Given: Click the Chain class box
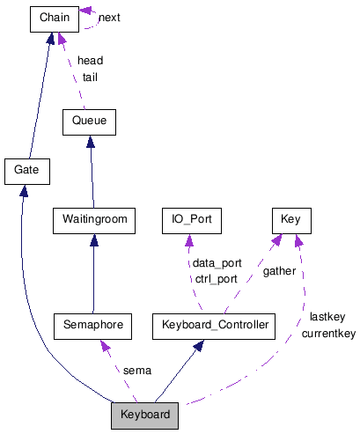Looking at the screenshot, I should [x=55, y=17].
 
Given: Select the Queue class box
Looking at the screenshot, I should [x=89, y=121].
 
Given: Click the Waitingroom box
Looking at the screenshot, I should [x=92, y=218].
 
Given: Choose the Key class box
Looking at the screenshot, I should [x=290, y=218].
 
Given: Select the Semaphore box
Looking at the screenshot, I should [x=92, y=325].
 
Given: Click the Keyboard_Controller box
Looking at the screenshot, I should [x=212, y=325].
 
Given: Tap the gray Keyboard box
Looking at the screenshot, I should [x=145, y=414].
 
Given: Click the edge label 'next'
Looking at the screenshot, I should [x=110, y=17].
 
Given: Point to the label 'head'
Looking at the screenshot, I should [x=90, y=61].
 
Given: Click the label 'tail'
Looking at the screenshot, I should [x=90, y=77].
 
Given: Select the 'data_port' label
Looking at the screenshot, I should [x=217, y=262].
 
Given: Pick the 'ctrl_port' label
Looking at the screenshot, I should [x=217, y=278].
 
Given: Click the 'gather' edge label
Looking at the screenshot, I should [x=279, y=270].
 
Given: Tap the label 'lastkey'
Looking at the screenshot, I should [x=327, y=316].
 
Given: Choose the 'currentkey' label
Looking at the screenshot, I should [x=327, y=333].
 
